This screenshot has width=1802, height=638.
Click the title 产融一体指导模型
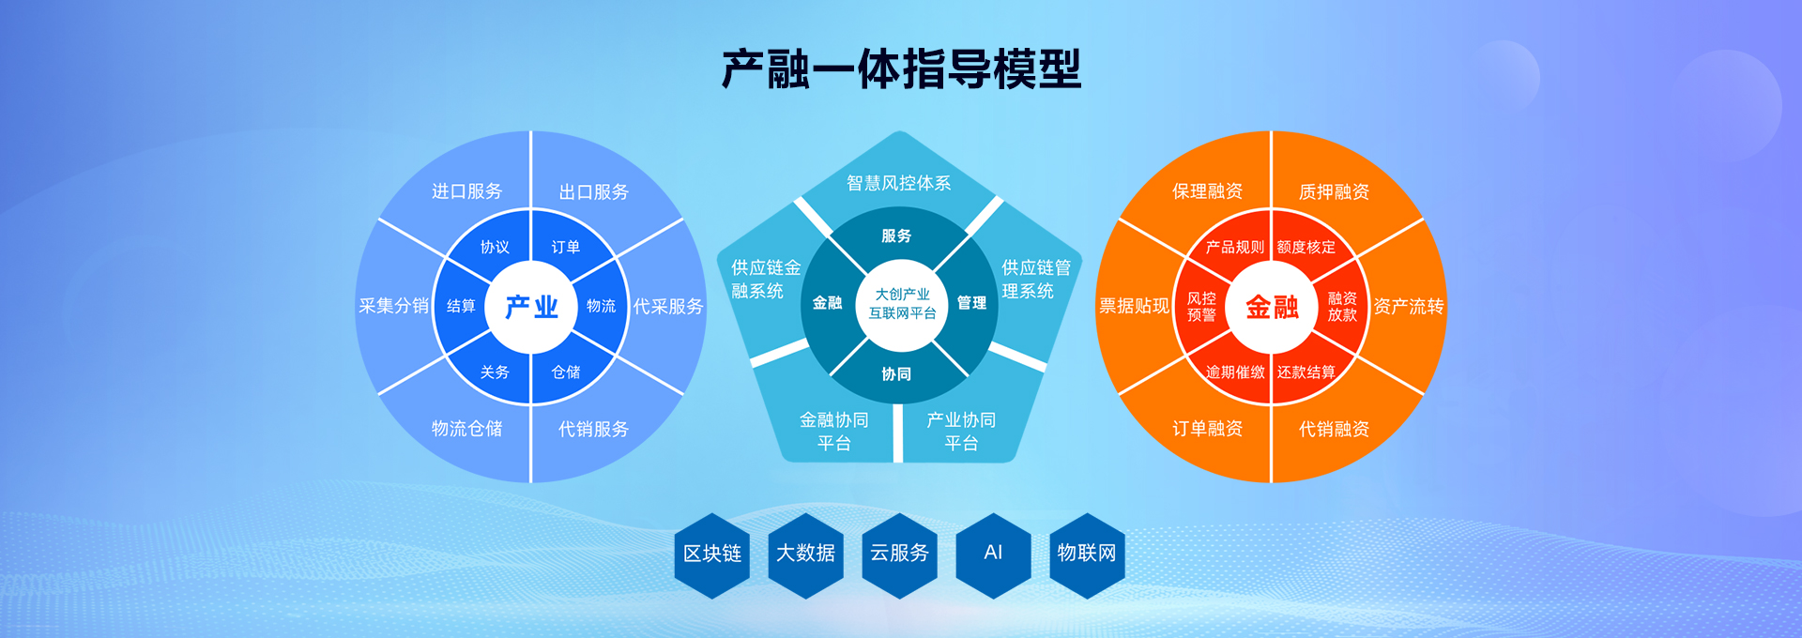[901, 70]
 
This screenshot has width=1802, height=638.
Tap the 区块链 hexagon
[712, 554]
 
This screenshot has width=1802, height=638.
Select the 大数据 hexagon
[806, 554]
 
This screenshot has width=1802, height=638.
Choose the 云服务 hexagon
[899, 554]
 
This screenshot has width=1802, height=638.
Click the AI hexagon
[993, 554]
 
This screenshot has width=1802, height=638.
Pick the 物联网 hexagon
[1087, 554]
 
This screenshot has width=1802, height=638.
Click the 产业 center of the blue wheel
[531, 307]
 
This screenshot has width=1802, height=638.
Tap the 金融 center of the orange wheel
[1272, 307]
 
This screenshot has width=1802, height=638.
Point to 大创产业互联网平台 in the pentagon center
[902, 304]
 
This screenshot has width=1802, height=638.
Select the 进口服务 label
[466, 191]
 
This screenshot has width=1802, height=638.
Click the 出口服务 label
[593, 192]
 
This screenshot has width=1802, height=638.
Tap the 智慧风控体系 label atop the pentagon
[898, 183]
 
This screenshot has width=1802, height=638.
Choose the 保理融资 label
[1207, 191]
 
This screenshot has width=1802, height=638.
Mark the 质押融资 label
[1334, 192]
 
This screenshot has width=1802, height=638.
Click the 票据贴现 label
[1134, 306]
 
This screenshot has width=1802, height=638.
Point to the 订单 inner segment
[565, 247]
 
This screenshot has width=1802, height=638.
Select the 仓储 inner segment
[565, 372]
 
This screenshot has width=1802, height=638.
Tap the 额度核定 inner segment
[1306, 247]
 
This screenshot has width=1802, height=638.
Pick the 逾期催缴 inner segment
[1235, 372]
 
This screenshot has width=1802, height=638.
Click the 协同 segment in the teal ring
[896, 374]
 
